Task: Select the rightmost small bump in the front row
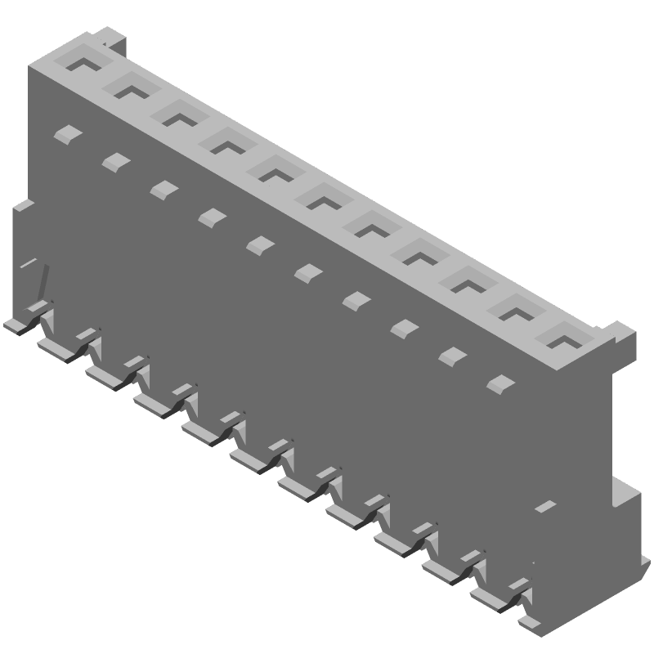[x=500, y=382]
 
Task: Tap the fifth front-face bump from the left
[x=260, y=244]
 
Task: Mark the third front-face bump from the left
[x=164, y=189]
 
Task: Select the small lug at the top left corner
[x=110, y=38]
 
